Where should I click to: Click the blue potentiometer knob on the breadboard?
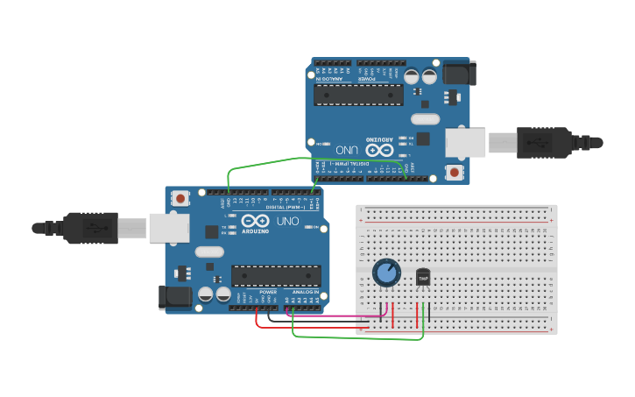386,273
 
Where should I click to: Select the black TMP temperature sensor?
423,277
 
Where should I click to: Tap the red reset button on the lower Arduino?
180,199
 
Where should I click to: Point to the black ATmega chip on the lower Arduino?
275,275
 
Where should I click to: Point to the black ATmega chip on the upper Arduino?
359,95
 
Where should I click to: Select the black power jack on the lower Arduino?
175,297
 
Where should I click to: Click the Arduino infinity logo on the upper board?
379,150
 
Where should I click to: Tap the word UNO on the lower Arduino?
287,221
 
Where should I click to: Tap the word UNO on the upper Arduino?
348,150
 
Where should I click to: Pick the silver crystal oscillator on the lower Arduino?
210,252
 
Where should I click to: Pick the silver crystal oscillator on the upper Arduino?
424,118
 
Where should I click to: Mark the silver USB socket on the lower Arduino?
168,228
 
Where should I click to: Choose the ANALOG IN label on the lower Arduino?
306,292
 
